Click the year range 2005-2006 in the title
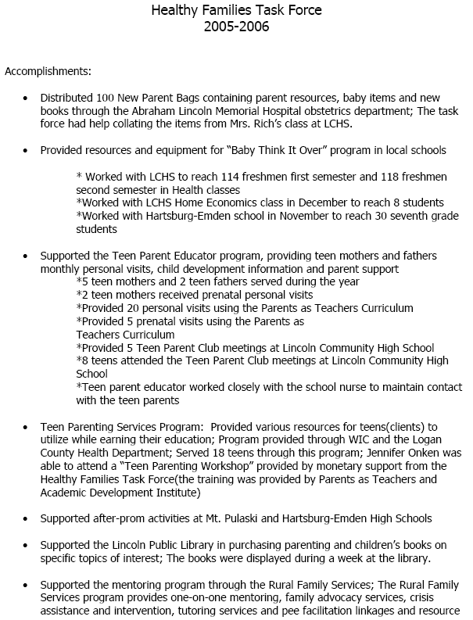236,27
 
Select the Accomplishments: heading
48,71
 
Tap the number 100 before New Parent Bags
106,99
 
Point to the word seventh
385,216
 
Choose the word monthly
58,268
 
